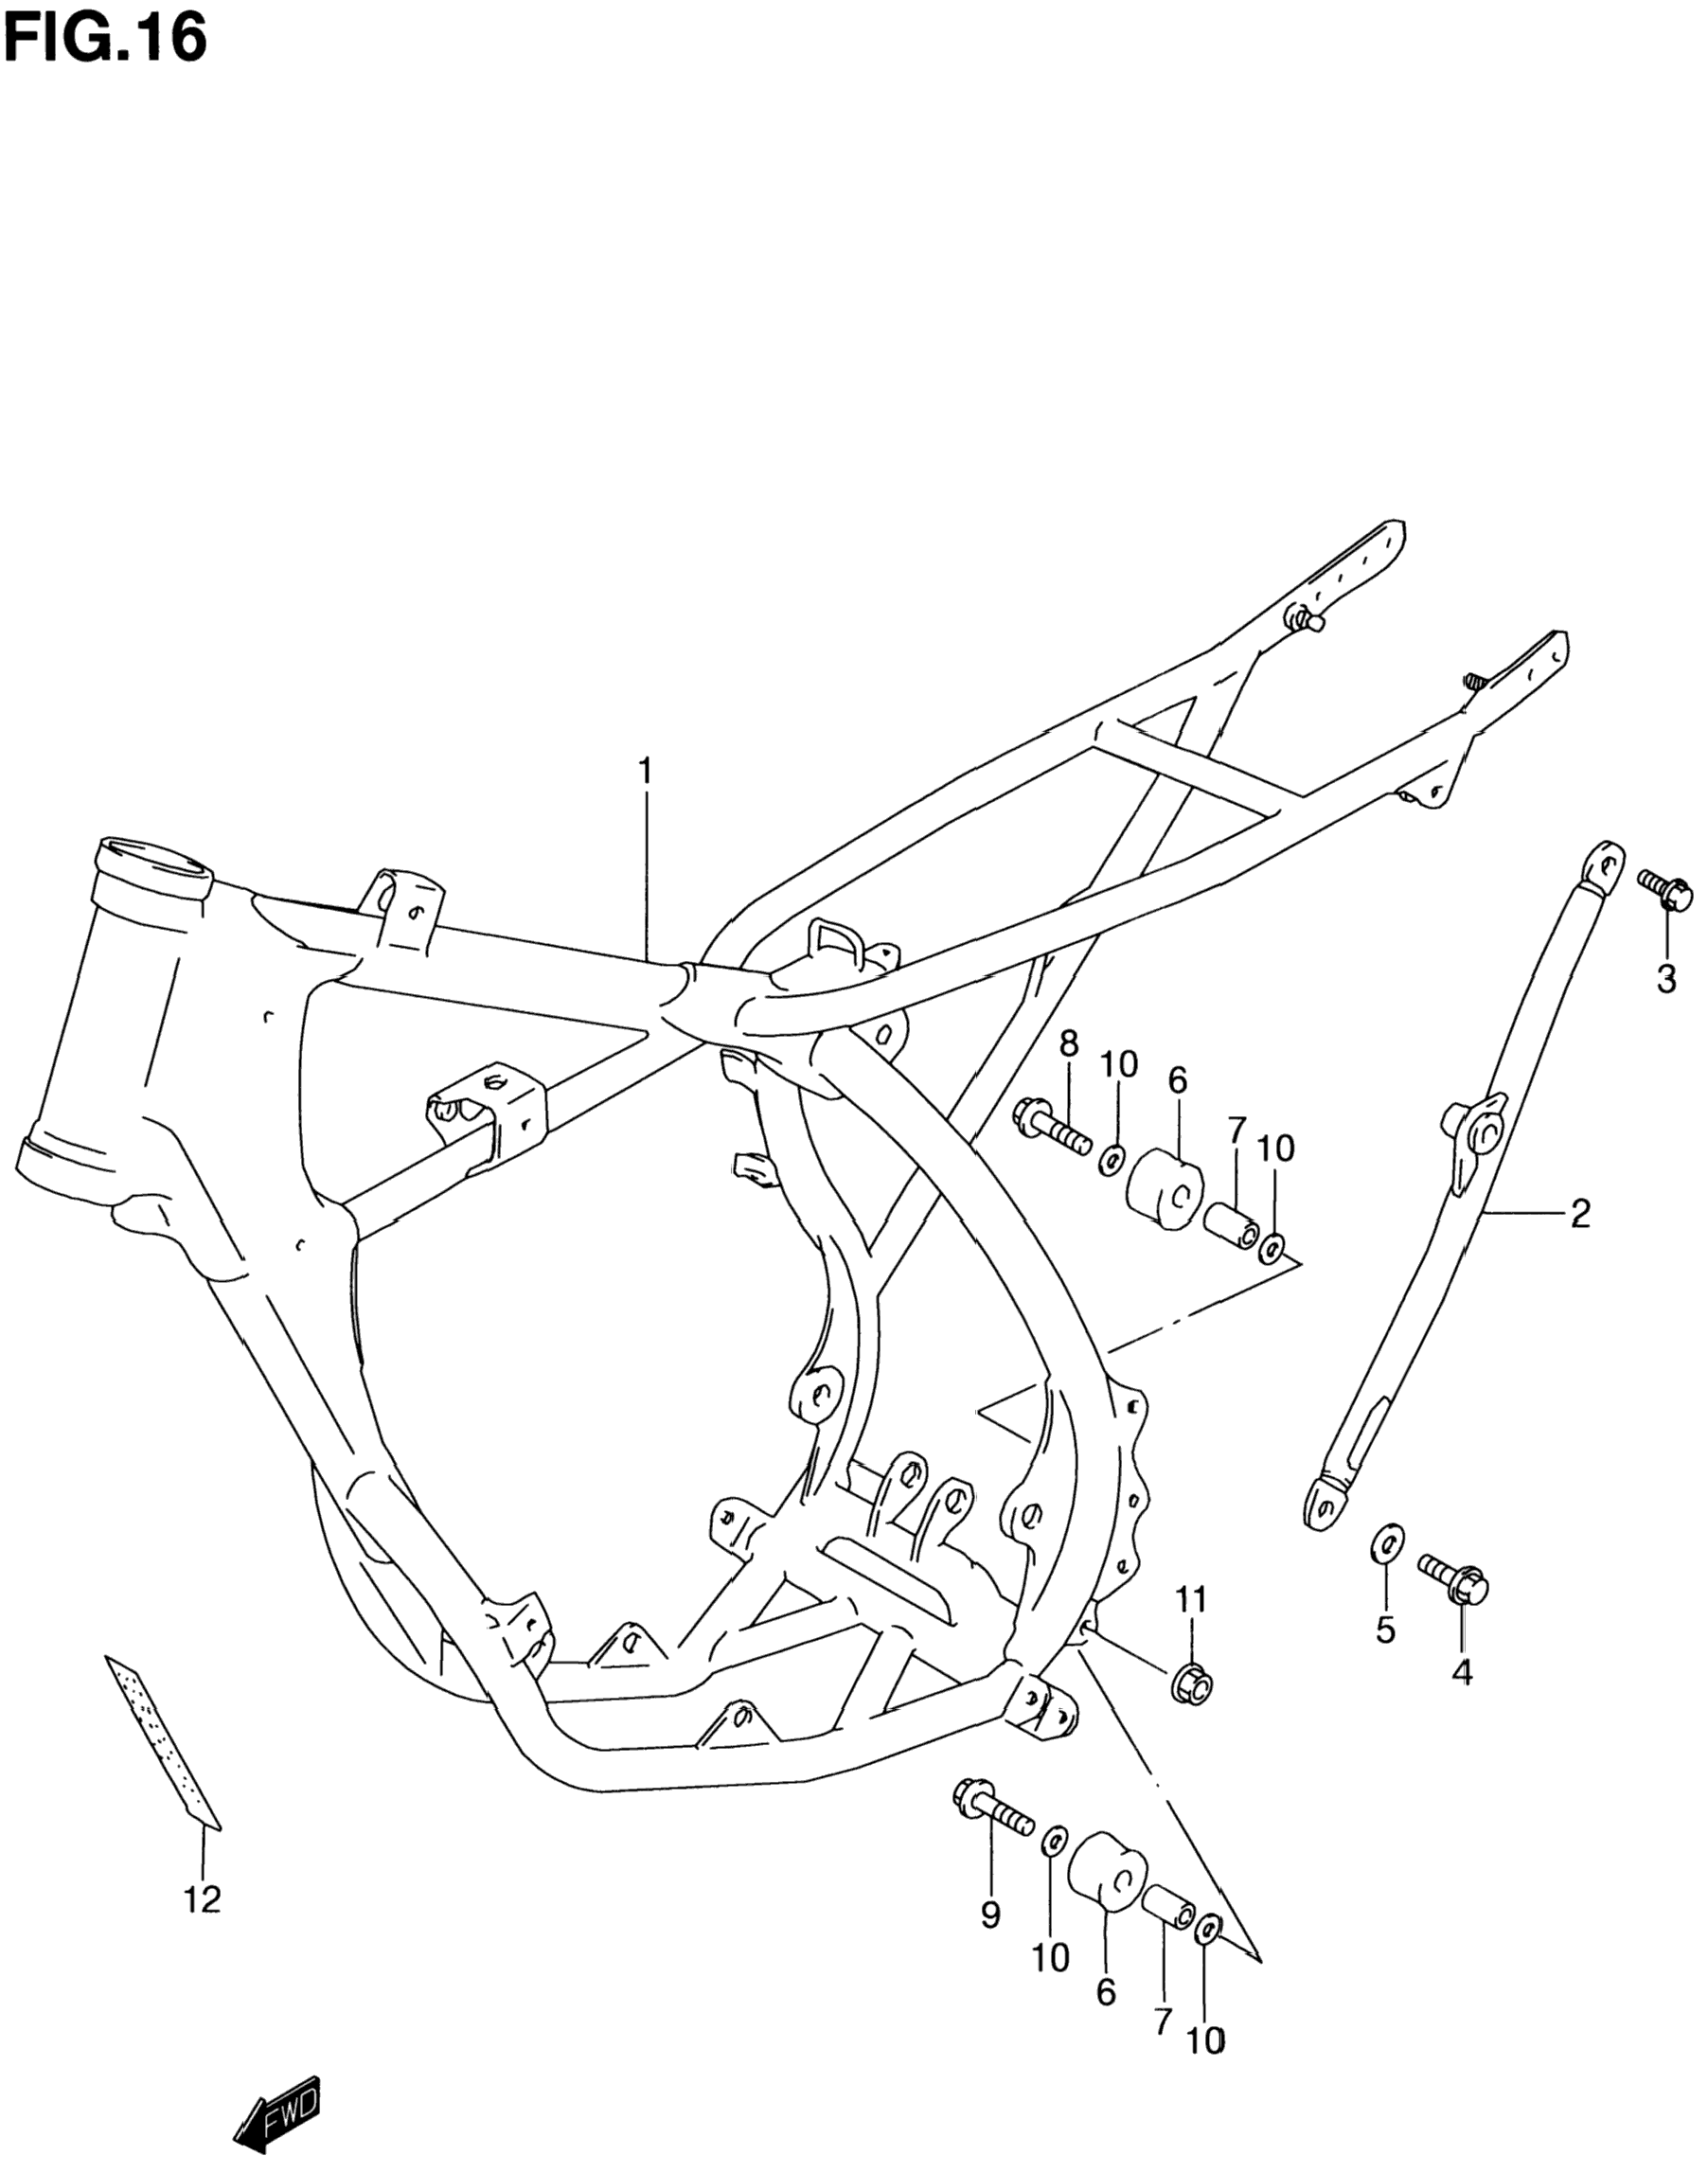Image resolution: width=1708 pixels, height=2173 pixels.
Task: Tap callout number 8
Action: pos(1069,1045)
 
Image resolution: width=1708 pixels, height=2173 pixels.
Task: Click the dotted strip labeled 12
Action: pos(163,1741)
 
